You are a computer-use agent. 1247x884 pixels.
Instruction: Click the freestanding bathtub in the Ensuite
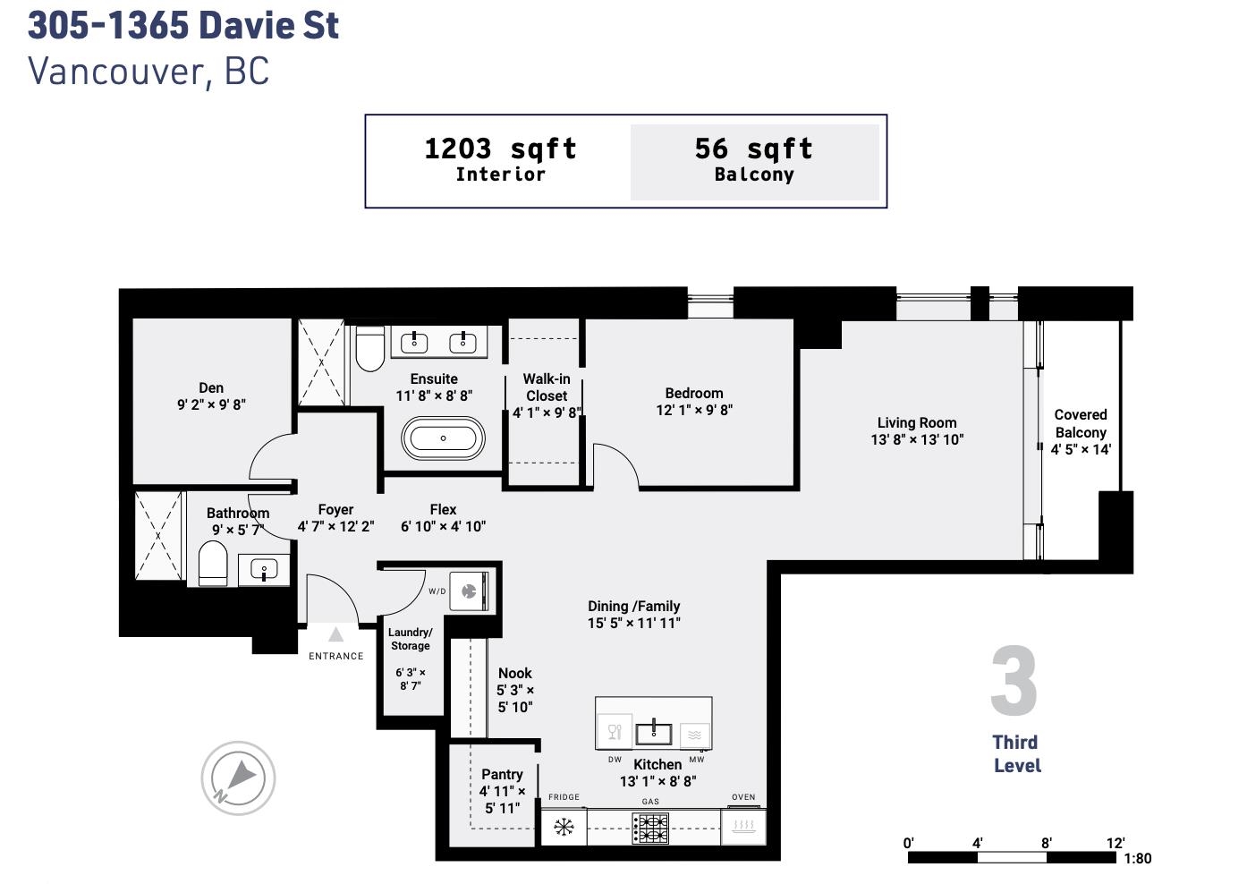pyautogui.click(x=443, y=438)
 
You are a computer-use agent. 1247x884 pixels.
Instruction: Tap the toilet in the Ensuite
pyautogui.click(x=370, y=348)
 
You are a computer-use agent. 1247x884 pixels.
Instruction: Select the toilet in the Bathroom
pyautogui.click(x=213, y=564)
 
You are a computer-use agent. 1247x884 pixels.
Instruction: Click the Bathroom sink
pyautogui.click(x=264, y=569)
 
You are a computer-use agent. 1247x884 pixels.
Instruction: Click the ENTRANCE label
pyautogui.click(x=335, y=657)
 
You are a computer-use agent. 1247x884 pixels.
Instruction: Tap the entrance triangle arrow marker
pyautogui.click(x=335, y=634)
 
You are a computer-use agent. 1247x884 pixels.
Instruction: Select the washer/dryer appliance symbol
pyautogui.click(x=470, y=591)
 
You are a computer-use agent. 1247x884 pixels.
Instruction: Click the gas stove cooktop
pyautogui.click(x=649, y=829)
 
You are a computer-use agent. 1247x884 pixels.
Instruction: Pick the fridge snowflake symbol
pyautogui.click(x=564, y=828)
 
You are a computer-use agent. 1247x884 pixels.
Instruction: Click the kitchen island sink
pyautogui.click(x=654, y=734)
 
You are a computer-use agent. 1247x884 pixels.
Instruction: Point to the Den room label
pyautogui.click(x=211, y=388)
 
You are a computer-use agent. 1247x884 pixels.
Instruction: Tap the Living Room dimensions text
pyautogui.click(x=917, y=440)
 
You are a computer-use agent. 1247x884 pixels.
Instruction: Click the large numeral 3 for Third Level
pyautogui.click(x=1014, y=680)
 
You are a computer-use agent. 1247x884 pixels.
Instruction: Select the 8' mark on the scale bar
pyautogui.click(x=1046, y=843)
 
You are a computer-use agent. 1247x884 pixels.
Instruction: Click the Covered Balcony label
pyautogui.click(x=1081, y=423)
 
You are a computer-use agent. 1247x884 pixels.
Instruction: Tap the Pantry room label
pyautogui.click(x=502, y=774)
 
